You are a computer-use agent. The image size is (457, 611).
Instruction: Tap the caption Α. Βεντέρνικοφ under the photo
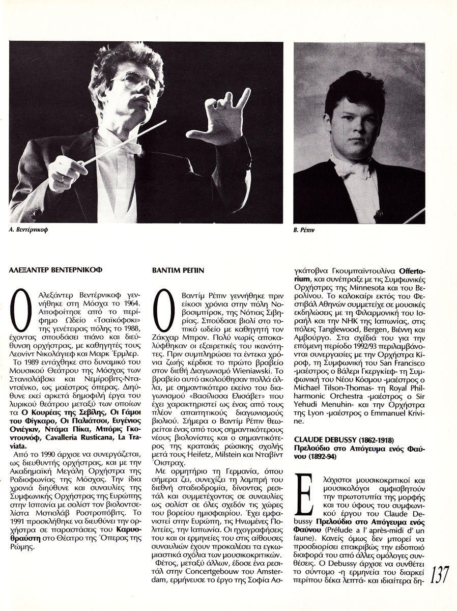[x=32, y=230]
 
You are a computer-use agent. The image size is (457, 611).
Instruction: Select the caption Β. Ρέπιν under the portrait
[x=304, y=230]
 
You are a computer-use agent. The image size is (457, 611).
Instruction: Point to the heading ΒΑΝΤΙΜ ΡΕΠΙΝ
[x=178, y=271]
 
